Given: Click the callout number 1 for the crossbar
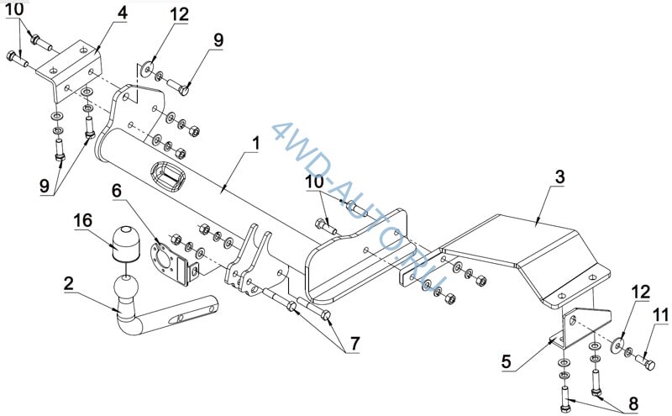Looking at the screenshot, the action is click(256, 144).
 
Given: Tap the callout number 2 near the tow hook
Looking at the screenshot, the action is click(69, 283).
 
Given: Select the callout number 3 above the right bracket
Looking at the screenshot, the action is click(560, 176).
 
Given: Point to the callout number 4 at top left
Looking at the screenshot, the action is click(123, 13).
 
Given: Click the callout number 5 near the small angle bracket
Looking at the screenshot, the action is click(507, 361).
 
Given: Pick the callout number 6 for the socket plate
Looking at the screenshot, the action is click(117, 192).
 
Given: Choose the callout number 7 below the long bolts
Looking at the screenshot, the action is click(354, 344).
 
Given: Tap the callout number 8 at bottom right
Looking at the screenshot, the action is click(633, 403).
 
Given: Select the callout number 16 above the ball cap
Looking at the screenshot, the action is click(82, 220).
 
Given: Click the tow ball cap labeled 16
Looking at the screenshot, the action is click(126, 244).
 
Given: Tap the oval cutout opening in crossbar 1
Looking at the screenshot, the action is click(167, 177).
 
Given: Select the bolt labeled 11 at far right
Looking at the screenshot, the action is click(645, 361).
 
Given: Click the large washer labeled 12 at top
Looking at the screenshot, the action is click(148, 68).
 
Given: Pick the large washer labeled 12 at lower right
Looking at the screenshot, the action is click(617, 346).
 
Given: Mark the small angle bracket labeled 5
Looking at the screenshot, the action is click(580, 328).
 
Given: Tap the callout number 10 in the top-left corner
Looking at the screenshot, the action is click(14, 9).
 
